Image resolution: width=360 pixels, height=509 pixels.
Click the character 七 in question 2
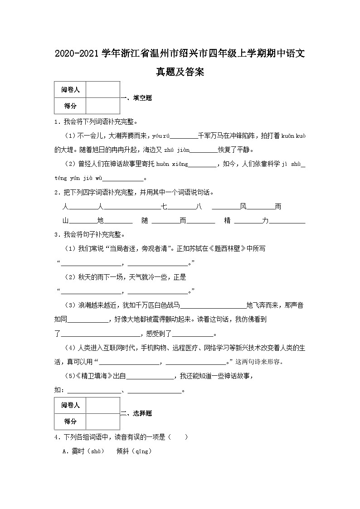[x=164, y=207]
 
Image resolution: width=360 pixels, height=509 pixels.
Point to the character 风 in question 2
[x=243, y=207]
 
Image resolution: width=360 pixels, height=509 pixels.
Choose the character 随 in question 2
[x=145, y=221]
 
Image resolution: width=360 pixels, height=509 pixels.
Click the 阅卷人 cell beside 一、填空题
[x=70, y=90]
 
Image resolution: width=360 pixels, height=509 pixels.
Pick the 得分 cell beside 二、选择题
[x=70, y=422]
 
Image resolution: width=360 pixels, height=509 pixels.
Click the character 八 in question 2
[x=198, y=207]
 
